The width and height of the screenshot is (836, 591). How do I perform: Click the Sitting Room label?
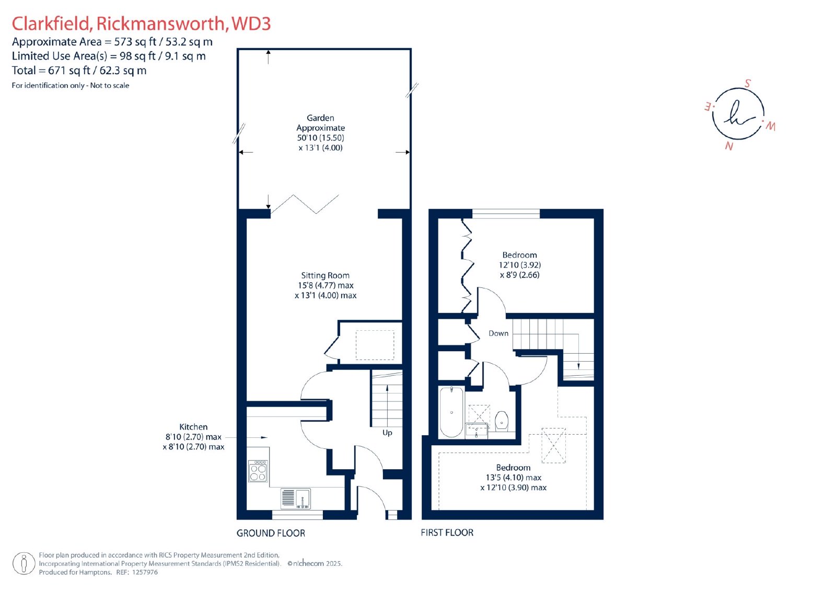pos(325,275)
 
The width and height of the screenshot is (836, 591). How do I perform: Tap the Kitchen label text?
pos(193,427)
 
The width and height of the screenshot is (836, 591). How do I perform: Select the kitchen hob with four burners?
pos(258,471)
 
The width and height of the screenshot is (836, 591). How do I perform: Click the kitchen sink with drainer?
pos(295,499)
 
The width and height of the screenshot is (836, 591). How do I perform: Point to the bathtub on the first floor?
pos(451,412)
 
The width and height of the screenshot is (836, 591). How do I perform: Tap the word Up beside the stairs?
pos(387,433)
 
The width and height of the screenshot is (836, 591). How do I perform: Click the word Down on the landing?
pos(498,333)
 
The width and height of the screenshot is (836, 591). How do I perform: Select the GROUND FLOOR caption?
pos(271,533)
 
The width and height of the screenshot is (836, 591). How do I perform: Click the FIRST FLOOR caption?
pos(447,533)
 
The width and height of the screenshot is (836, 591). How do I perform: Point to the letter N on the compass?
pos(729,146)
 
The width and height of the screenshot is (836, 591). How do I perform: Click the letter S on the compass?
pos(747,83)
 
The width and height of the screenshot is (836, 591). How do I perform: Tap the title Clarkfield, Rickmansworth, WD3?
pos(141,24)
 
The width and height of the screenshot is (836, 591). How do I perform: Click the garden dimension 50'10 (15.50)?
pos(320,138)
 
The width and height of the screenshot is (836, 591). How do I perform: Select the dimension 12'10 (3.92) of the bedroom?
pos(519,265)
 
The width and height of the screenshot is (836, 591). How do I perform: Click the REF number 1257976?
pos(145,572)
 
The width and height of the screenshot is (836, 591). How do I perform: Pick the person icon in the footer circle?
pos(24,563)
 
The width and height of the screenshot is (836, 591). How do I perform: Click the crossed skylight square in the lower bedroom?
pos(553,446)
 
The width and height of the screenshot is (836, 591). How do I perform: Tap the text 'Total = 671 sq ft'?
pos(51,71)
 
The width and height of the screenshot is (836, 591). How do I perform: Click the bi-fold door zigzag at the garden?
pos(305,204)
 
